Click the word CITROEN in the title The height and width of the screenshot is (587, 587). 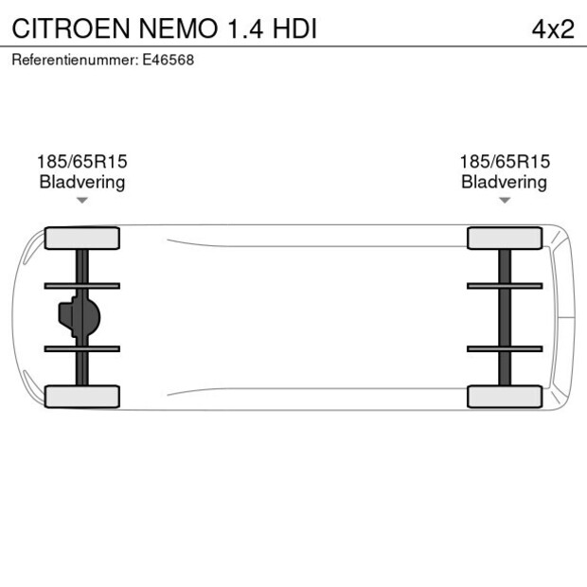click(72, 29)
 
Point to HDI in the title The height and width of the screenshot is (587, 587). click(293, 29)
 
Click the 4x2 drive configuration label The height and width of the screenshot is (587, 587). click(552, 29)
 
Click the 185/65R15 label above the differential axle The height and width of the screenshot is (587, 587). click(81, 162)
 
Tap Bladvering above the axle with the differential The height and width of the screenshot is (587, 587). click(81, 182)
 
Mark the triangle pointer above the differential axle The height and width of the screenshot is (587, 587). click(82, 200)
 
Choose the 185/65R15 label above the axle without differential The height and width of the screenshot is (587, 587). click(504, 162)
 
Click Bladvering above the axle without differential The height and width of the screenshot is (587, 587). click(504, 182)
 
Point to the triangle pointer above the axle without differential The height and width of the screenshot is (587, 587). click(505, 200)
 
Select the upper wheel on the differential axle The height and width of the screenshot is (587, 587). click(82, 238)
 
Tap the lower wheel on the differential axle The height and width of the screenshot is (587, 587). click(82, 397)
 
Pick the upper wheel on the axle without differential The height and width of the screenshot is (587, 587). click(505, 238)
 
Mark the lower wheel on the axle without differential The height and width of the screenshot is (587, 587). click(505, 397)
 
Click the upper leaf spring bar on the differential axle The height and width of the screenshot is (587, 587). click(82, 285)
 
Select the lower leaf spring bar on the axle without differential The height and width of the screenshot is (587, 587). click(505, 348)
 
